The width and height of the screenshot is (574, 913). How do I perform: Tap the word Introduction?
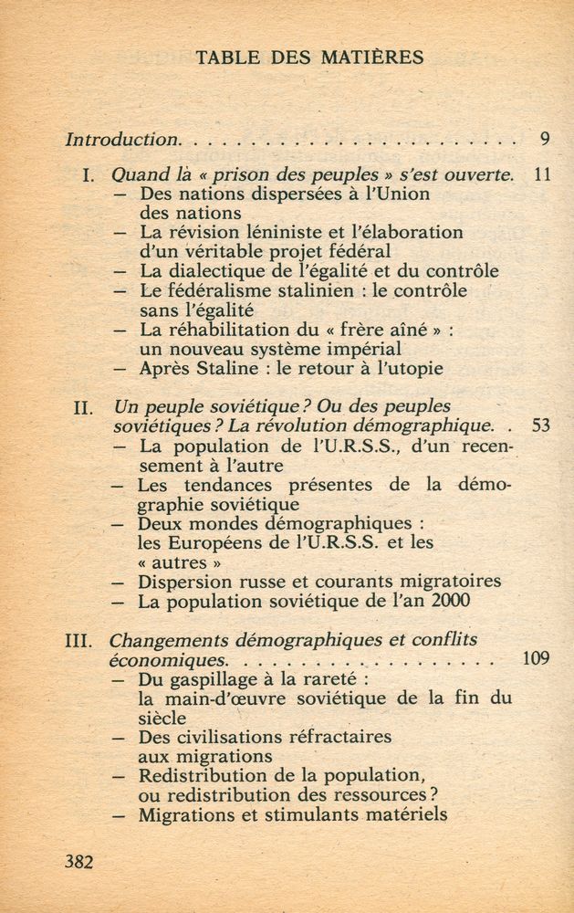(x=122, y=140)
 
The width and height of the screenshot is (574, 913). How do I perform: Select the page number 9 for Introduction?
(x=544, y=140)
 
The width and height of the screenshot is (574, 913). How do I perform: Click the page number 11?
(x=541, y=174)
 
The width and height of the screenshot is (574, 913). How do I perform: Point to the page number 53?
(x=540, y=425)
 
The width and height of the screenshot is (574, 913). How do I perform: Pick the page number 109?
(x=536, y=658)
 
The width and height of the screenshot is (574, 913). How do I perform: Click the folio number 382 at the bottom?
(x=78, y=861)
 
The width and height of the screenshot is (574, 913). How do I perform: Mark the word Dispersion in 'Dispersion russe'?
(x=186, y=582)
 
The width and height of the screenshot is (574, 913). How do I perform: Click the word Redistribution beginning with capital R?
(x=203, y=776)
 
